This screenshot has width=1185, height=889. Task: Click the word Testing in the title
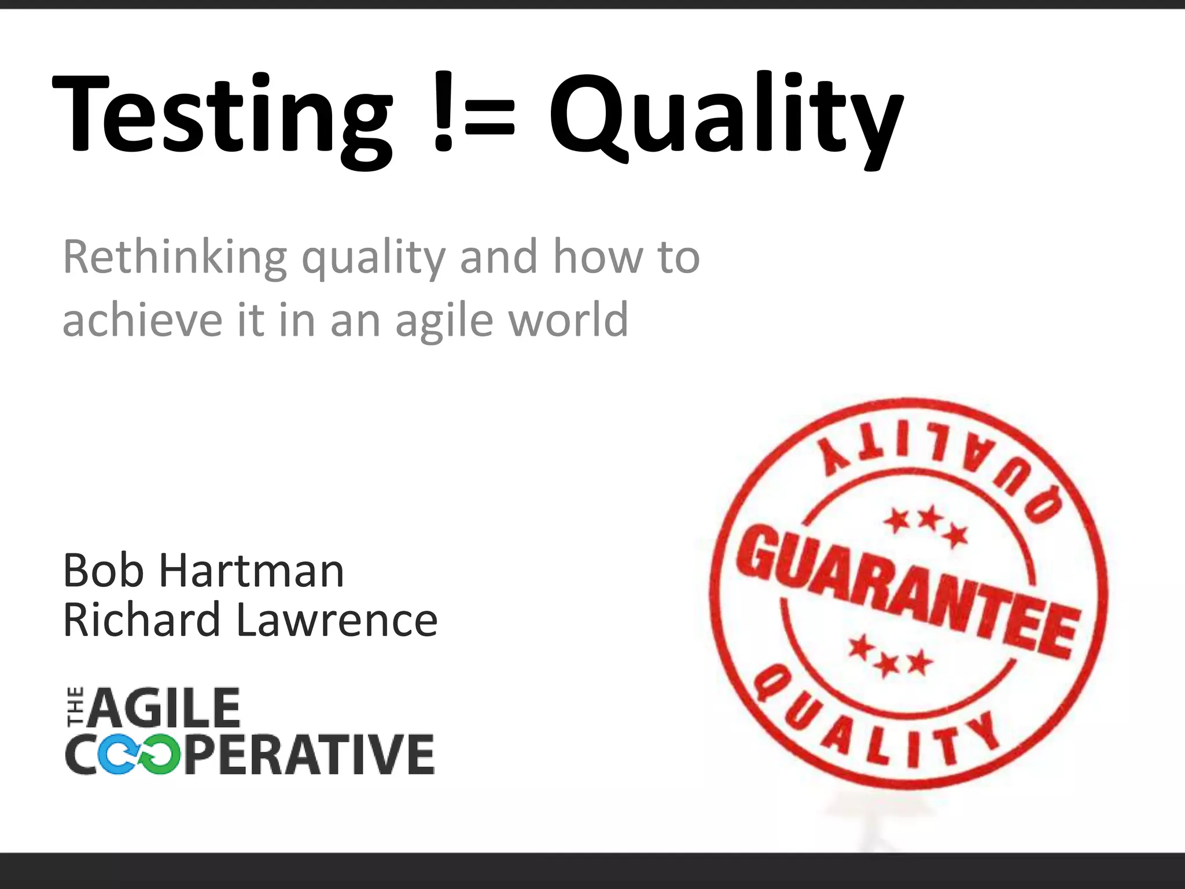[x=223, y=116]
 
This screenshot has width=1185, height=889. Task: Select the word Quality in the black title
[x=726, y=116]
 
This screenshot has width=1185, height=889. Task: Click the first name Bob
[x=103, y=571]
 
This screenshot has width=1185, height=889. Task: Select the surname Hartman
[x=251, y=571]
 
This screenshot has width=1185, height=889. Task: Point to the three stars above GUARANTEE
[x=926, y=524]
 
